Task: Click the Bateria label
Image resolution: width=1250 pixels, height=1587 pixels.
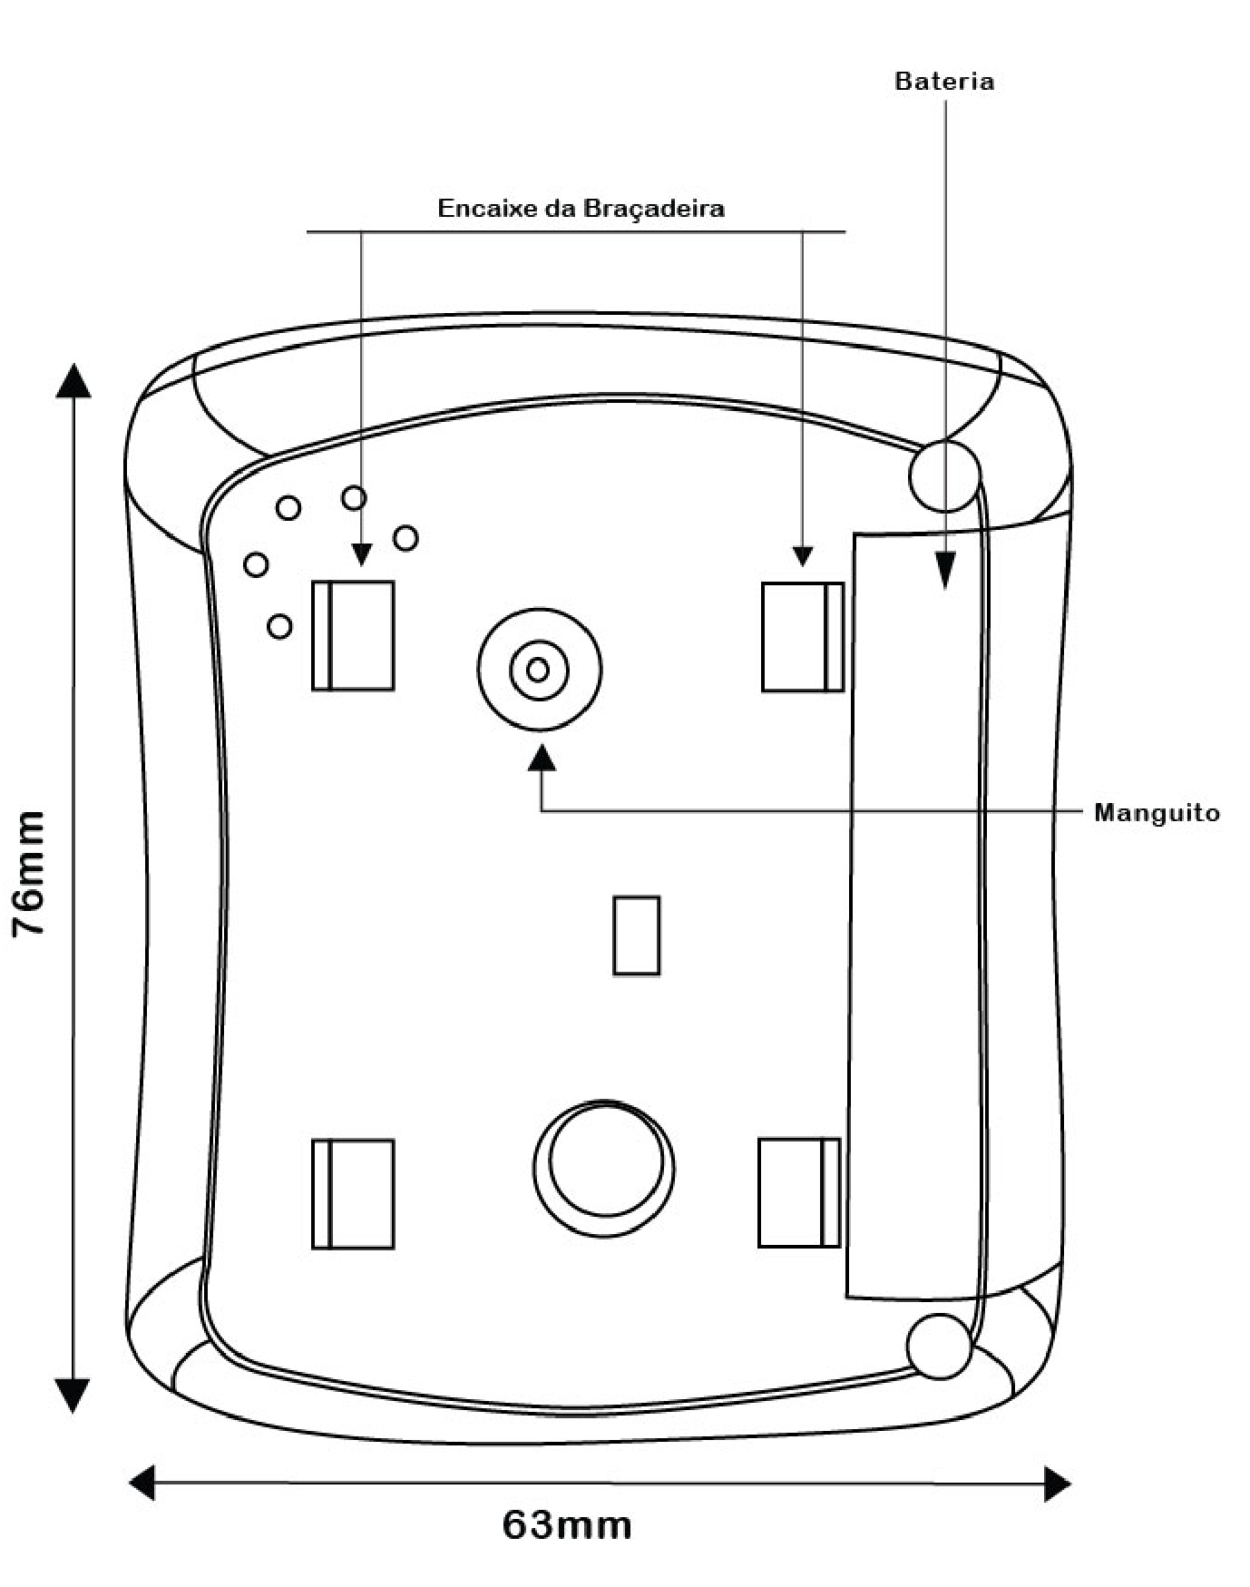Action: [944, 81]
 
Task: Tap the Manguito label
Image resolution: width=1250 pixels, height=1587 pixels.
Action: [1157, 812]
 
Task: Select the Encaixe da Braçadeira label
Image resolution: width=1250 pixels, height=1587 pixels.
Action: [581, 209]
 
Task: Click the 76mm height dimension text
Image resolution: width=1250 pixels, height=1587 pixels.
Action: [28, 874]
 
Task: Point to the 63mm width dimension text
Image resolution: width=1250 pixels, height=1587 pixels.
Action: [567, 1525]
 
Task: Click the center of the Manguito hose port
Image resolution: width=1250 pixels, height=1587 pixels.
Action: [539, 670]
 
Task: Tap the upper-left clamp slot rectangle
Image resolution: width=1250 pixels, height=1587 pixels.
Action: [353, 635]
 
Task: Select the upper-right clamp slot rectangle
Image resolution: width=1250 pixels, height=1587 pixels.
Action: [802, 636]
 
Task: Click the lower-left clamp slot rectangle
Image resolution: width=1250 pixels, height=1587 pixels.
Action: [353, 1194]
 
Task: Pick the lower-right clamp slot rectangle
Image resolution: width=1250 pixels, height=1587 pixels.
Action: [799, 1192]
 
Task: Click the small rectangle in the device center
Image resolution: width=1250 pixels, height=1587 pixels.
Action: [637, 936]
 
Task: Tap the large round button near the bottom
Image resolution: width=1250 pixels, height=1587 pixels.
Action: [604, 1169]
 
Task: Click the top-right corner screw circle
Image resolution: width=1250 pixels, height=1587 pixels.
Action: [944, 475]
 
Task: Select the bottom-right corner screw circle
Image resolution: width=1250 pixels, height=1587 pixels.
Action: [940, 1347]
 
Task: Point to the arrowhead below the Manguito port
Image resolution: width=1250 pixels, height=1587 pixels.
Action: [542, 758]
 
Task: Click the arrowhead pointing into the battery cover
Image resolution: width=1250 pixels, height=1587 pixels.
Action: [945, 572]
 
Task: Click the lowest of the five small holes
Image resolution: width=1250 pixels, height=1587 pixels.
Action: [280, 626]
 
